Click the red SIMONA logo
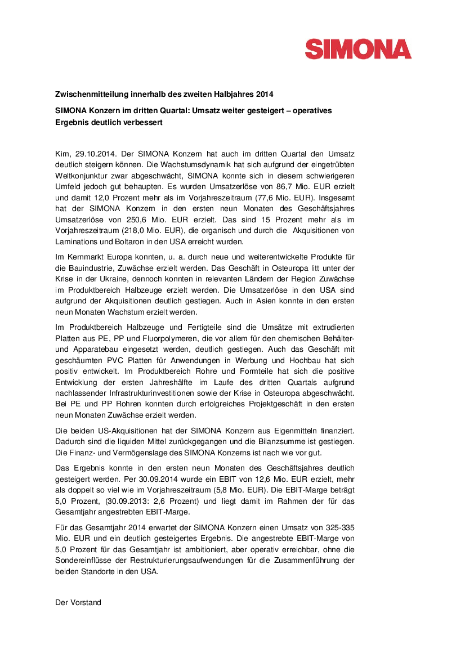tap(358, 49)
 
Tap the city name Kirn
tap(62, 154)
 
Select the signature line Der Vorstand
tap(78, 602)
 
